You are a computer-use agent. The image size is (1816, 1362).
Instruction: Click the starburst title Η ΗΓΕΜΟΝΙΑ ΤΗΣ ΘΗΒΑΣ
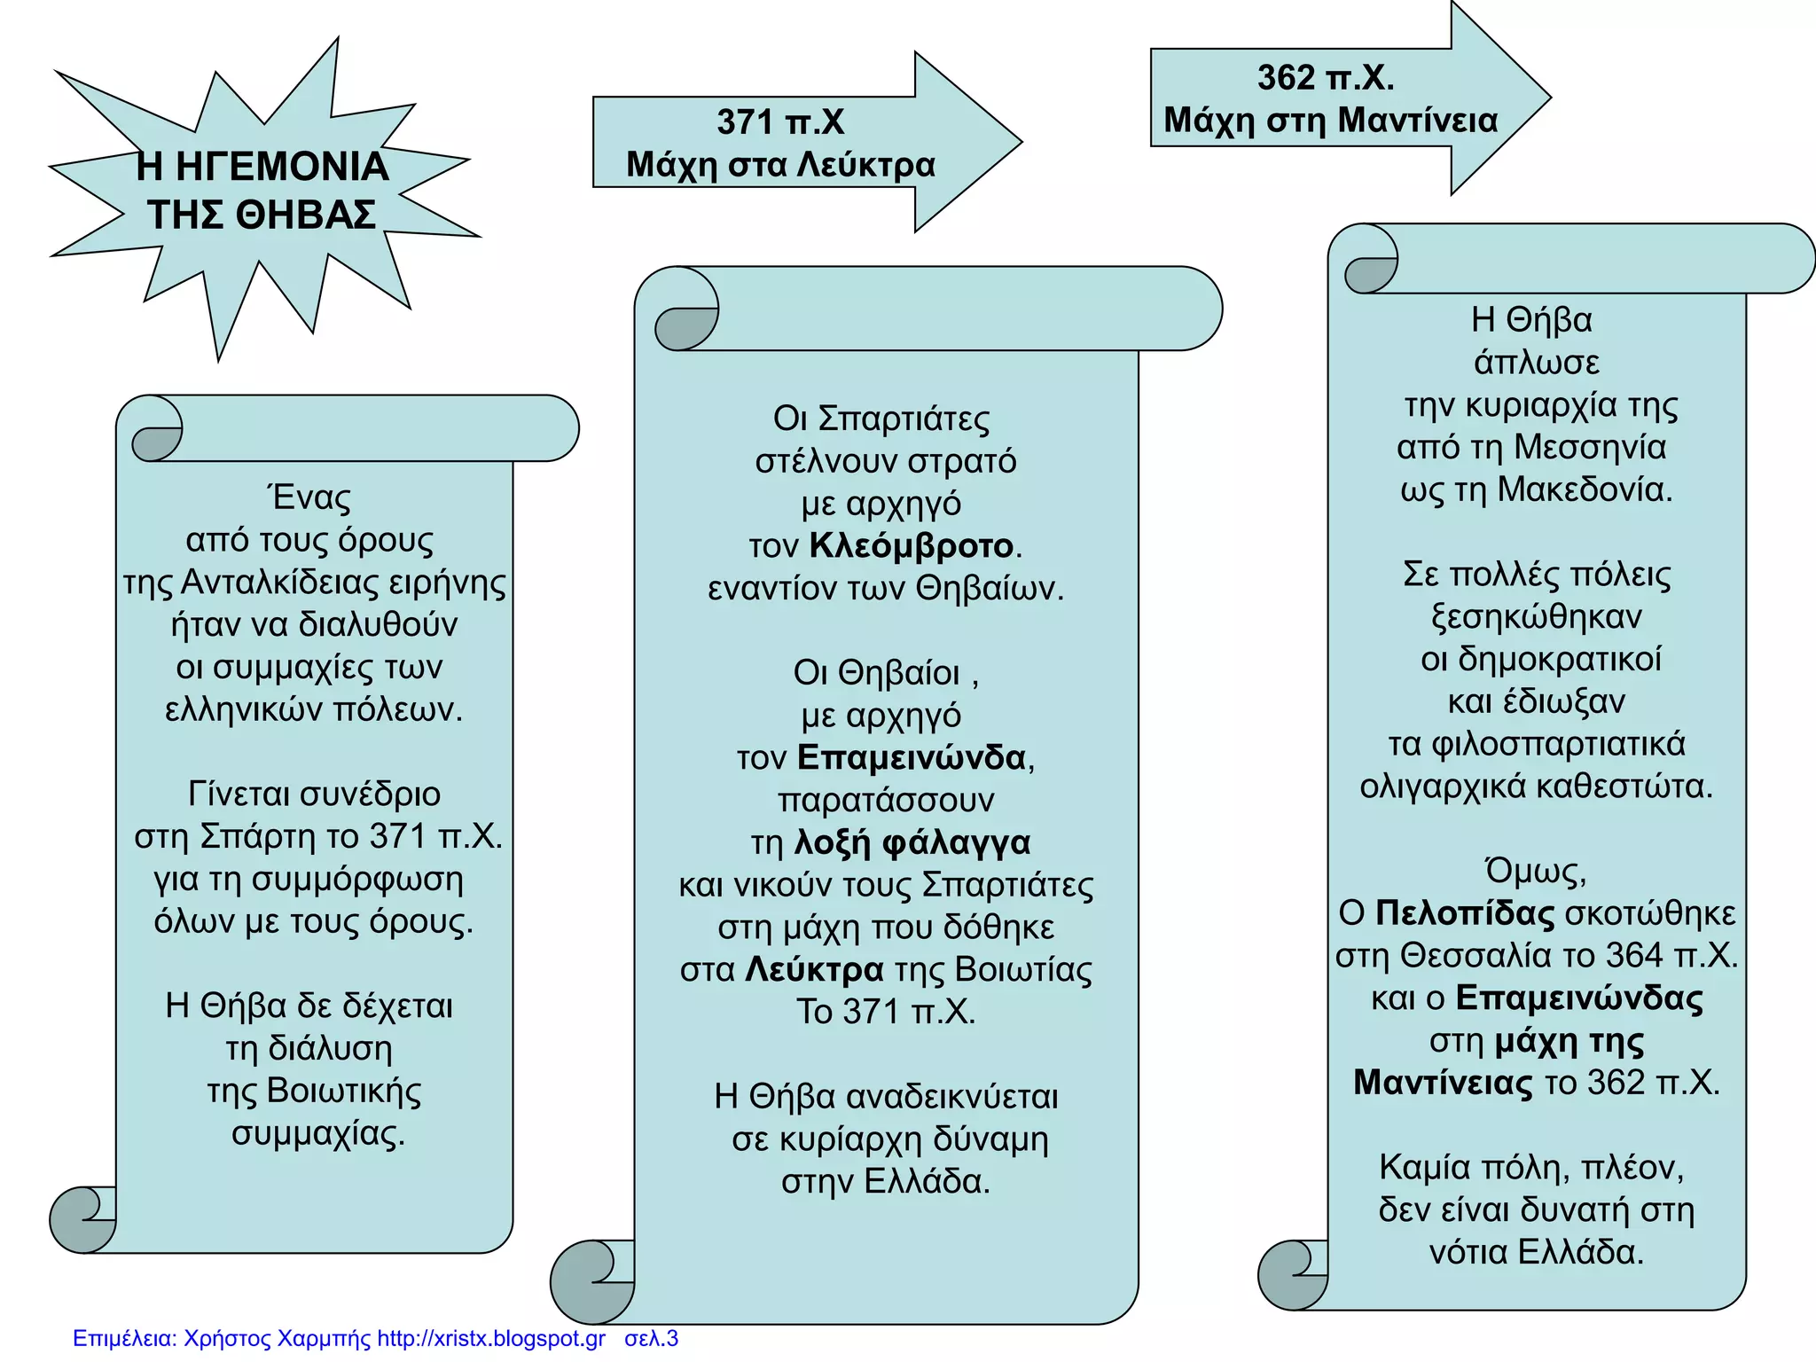262,191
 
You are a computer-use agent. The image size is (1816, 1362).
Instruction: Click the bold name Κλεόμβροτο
912,545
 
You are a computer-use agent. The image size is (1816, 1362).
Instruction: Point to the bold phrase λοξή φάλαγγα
912,843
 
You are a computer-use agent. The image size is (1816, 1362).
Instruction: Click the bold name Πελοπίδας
1465,912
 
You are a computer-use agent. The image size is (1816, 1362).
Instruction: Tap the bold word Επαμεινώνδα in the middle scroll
912,757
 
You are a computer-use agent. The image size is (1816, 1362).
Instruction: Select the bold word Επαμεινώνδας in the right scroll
1579,998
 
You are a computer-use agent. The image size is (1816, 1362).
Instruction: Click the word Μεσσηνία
1590,447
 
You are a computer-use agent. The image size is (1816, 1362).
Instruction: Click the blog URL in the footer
491,1338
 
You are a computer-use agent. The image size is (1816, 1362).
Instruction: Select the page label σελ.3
652,1338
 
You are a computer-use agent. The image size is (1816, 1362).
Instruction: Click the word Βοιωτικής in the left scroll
344,1091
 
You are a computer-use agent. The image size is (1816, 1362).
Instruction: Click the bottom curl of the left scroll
83,1220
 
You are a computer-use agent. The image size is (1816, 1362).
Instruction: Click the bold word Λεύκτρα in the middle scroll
814,969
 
